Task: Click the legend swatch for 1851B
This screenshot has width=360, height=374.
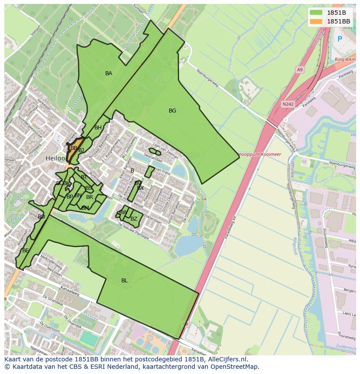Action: pyautogui.click(x=316, y=13)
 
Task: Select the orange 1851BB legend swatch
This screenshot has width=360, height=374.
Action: pyautogui.click(x=316, y=21)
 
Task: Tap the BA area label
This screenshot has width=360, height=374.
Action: pyautogui.click(x=109, y=73)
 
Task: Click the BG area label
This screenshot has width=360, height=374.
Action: pyautogui.click(x=173, y=111)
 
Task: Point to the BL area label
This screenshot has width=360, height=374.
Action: pyautogui.click(x=124, y=281)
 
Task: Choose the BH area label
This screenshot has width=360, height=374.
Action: pyautogui.click(x=98, y=128)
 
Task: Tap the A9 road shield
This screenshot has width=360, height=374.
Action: pyautogui.click(x=300, y=70)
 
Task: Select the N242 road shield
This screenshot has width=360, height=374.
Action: pyautogui.click(x=287, y=104)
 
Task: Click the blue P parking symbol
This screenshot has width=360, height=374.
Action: pyautogui.click(x=340, y=39)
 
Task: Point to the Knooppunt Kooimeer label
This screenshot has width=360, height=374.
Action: pyautogui.click(x=259, y=154)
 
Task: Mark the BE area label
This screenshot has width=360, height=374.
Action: pyautogui.click(x=26, y=251)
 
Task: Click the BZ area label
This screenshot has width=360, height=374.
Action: pyautogui.click(x=134, y=219)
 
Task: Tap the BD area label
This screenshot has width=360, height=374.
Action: pyautogui.click(x=41, y=216)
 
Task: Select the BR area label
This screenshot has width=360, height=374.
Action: pyautogui.click(x=90, y=197)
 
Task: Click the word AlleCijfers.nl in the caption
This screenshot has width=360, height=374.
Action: pyautogui.click(x=226, y=359)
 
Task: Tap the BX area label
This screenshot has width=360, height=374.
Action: pyautogui.click(x=140, y=188)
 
